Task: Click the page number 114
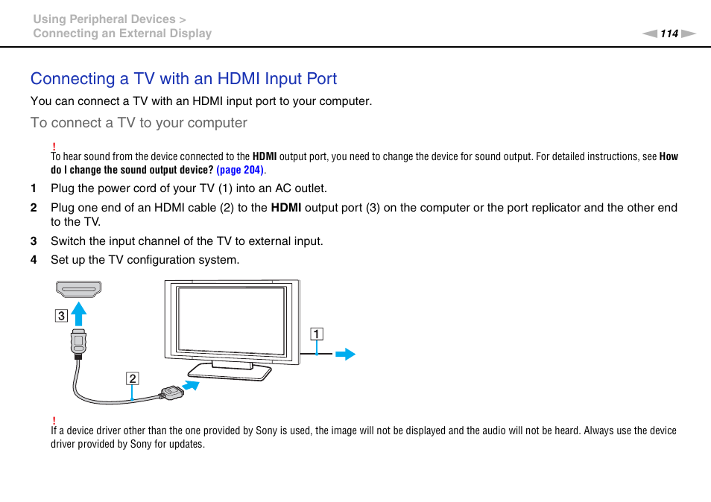669,34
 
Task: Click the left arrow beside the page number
651,34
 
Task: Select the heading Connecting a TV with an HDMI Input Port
183,79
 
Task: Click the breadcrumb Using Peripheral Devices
104,19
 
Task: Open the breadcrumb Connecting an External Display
122,34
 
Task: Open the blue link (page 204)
241,170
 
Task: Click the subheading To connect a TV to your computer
139,123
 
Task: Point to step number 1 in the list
34,188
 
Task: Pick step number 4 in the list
34,260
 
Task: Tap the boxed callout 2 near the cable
132,378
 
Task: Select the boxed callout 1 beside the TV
317,334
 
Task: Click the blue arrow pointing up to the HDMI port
79,313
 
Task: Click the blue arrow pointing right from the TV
345,355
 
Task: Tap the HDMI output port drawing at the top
78,289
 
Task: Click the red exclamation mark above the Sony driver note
54,421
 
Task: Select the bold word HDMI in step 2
285,208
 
